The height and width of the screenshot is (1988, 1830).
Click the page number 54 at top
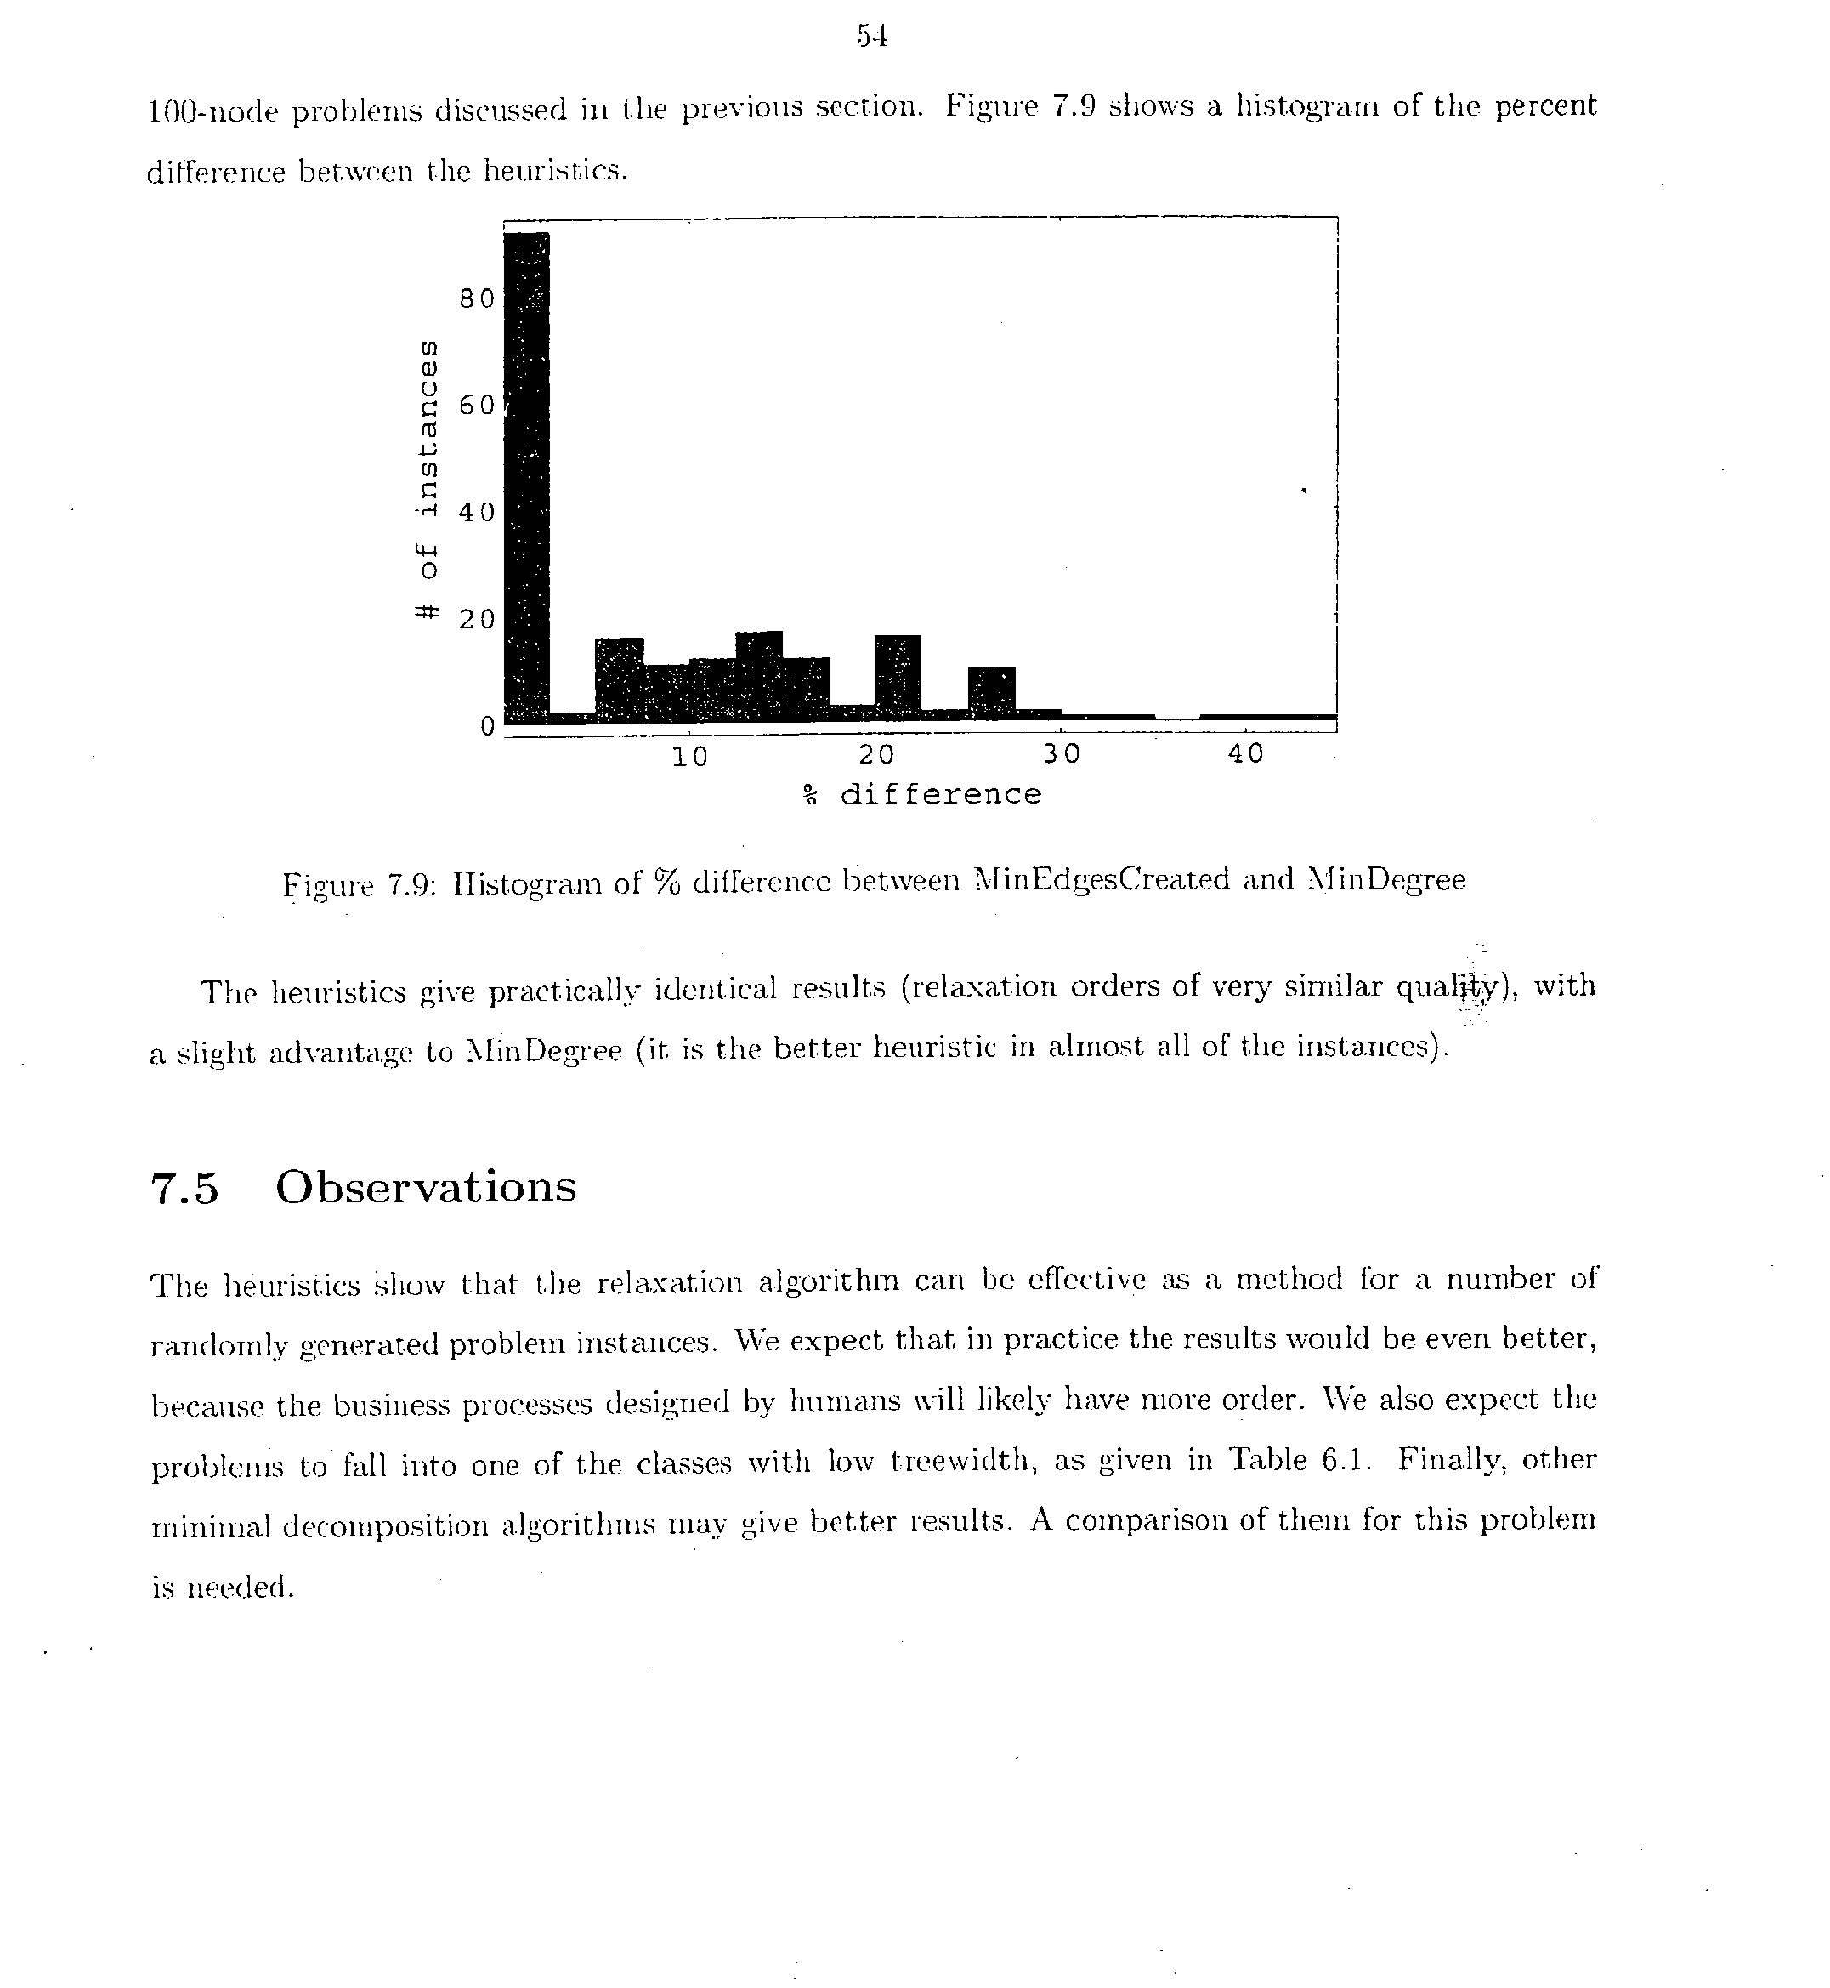coord(871,37)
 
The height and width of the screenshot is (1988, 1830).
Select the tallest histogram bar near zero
coord(527,475)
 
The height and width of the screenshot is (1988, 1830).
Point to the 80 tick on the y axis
coord(476,298)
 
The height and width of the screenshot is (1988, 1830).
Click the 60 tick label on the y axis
coord(476,405)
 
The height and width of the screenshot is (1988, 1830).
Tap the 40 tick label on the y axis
coord(476,512)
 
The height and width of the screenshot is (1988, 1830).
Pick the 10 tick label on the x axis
coord(690,757)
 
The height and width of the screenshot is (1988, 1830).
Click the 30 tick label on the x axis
coord(1062,755)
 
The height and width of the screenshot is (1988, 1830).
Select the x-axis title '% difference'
coord(922,794)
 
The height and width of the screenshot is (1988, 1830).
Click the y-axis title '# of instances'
coord(426,480)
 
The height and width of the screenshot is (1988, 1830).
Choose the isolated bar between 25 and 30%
coord(991,691)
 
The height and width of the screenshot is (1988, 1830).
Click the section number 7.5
coord(184,1189)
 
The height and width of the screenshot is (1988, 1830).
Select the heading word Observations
coord(426,1187)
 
